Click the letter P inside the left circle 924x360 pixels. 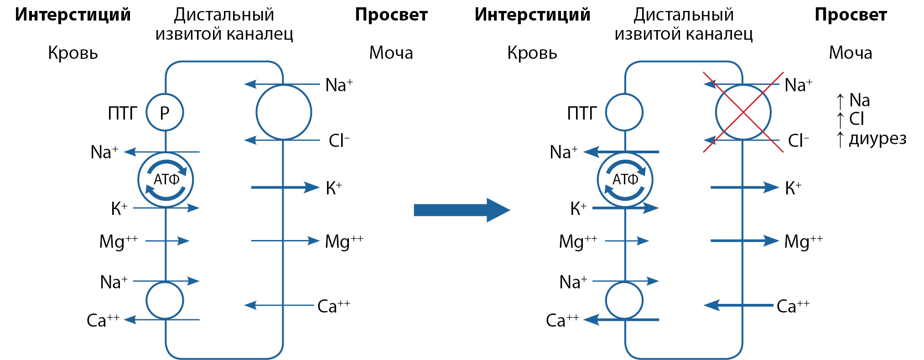pos(165,113)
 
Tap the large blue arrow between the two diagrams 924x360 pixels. pos(461,210)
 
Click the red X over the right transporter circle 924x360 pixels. pos(743,112)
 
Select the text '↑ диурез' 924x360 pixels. pos(872,139)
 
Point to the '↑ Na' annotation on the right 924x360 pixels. pos(853,100)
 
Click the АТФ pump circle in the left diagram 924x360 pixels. pos(166,180)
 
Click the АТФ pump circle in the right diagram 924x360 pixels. pos(625,180)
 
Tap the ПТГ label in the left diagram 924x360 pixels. pos(122,113)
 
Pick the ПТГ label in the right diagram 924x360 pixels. pos(581,113)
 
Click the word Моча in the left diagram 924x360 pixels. pos(391,53)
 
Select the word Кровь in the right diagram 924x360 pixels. pos(532,53)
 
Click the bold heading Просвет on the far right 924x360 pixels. pos(851,15)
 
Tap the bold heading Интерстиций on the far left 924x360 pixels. pos(73,15)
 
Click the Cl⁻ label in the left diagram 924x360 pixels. pos(339,141)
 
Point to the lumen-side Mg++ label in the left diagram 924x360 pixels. pos(344,241)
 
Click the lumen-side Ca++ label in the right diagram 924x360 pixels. pos(793,306)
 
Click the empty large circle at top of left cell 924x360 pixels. pos(284,112)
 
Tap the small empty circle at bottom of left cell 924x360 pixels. pos(165,301)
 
